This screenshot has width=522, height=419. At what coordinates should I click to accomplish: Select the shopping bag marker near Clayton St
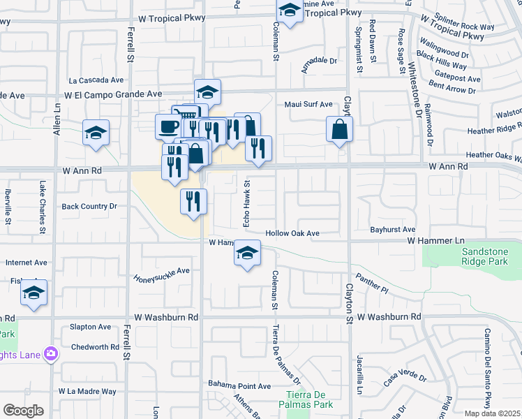[339, 129]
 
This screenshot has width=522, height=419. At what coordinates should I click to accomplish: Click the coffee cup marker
[168, 126]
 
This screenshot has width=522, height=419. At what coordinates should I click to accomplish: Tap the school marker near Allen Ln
[96, 133]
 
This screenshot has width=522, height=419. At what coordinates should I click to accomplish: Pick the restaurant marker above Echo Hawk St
[258, 148]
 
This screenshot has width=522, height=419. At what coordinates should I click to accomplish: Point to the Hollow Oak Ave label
[292, 233]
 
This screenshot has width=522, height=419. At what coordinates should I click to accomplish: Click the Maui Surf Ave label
[308, 105]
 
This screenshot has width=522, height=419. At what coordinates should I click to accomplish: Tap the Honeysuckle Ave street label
[162, 272]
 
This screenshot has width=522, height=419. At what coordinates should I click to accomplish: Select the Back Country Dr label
[89, 207]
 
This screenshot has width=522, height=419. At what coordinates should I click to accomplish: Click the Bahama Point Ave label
[239, 385]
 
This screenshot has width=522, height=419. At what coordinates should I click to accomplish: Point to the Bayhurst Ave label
[393, 229]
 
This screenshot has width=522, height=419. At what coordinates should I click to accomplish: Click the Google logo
[23, 411]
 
